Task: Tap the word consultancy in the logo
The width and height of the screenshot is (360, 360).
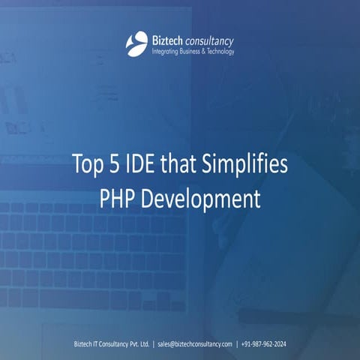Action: pos(210,38)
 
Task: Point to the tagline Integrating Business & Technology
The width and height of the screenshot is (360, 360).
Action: pos(193,51)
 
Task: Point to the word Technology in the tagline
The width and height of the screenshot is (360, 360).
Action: pos(217,51)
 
